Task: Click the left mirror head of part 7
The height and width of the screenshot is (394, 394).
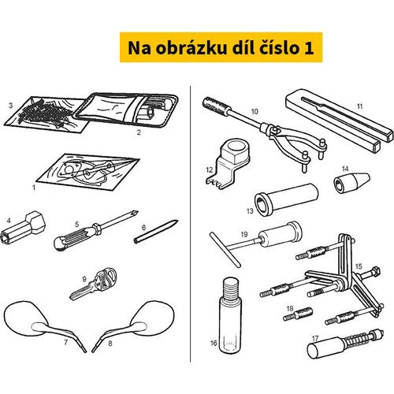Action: [x=26, y=318]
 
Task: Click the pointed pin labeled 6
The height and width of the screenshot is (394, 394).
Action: [x=156, y=232]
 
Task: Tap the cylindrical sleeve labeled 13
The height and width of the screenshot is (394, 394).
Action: [x=286, y=199]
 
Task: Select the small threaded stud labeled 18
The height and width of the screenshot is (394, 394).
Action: [x=298, y=314]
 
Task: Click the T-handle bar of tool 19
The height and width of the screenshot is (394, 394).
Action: [x=225, y=250]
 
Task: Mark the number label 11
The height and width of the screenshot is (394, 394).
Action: [x=359, y=106]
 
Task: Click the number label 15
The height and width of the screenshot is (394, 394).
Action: [x=359, y=266]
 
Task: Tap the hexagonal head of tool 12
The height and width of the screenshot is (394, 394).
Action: [x=236, y=151]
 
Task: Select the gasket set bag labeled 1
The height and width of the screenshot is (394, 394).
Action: [x=88, y=172]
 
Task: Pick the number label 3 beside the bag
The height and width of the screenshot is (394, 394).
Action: [x=10, y=106]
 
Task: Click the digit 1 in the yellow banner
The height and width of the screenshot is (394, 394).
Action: [x=309, y=47]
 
